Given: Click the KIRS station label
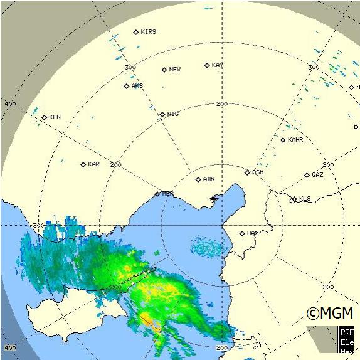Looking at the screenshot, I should [149, 32].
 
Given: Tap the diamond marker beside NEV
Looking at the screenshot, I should [164, 70].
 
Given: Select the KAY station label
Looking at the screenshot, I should [218, 65].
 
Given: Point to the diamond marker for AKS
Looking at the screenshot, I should [127, 86].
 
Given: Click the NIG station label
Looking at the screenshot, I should [173, 114].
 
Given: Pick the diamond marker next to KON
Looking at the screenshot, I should [45, 117].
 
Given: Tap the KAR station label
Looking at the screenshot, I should [93, 164].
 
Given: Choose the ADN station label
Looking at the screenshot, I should [209, 179].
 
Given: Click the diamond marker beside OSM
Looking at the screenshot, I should [247, 172].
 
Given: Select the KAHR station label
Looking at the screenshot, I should [295, 140].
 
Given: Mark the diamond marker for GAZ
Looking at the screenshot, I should [307, 175].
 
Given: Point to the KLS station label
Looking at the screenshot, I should [305, 199].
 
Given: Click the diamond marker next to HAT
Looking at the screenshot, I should [242, 233].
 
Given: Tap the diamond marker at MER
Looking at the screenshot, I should [157, 194].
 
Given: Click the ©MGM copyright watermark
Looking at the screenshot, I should [329, 312].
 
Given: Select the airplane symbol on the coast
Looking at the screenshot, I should [214, 199].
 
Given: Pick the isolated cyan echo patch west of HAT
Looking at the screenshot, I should [207, 246].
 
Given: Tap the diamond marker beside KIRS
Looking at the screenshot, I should [136, 32].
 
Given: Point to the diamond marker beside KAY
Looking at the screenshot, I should [207, 65].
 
